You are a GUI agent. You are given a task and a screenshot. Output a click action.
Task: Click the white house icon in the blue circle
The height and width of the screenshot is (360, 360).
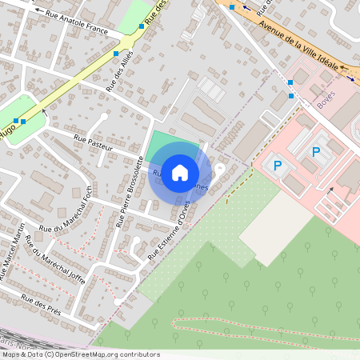(x=180, y=172)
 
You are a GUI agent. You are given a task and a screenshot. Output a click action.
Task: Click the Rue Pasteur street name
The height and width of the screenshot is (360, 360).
(x=93, y=143)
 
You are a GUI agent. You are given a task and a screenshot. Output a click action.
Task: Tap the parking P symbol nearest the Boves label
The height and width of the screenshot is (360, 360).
(x=316, y=151)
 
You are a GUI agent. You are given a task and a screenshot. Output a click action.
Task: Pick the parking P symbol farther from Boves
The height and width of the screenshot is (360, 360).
(x=278, y=166)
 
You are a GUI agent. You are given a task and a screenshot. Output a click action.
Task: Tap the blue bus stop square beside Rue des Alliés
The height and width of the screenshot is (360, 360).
(x=116, y=53)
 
